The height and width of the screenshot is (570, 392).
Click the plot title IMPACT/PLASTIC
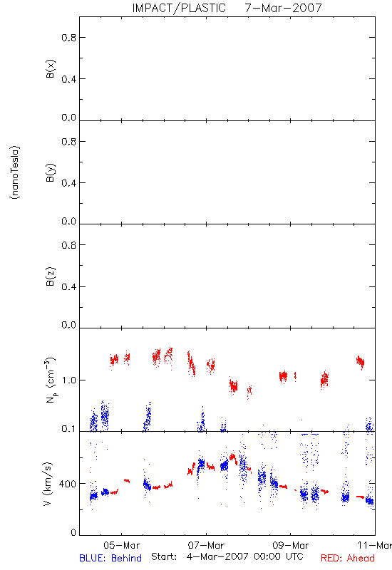pos(179,8)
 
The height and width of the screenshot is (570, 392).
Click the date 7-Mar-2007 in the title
pos(284,8)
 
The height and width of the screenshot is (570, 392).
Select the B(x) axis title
pos(50,68)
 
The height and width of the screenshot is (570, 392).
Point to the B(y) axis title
pos(50,172)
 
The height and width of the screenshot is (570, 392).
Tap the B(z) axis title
pos(50,276)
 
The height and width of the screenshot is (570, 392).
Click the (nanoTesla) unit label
pos(15,172)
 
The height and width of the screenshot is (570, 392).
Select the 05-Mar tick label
pos(121,545)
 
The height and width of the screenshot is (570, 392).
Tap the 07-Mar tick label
pos(206,545)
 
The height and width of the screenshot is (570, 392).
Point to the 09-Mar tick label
pos(291,545)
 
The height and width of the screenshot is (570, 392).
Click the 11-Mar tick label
pos(375,545)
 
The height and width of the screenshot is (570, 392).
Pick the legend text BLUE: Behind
pos(110,558)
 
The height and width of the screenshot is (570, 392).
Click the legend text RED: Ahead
pos(348,558)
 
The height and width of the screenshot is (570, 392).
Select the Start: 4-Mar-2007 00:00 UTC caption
pos(227,556)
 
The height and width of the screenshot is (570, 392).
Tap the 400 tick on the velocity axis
pos(68,484)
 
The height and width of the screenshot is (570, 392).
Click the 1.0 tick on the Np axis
pos(68,380)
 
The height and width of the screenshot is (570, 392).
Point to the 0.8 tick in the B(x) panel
pos(68,38)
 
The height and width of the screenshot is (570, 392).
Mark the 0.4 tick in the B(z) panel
pos(68,287)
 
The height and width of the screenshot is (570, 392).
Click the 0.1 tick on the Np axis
pos(68,429)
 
